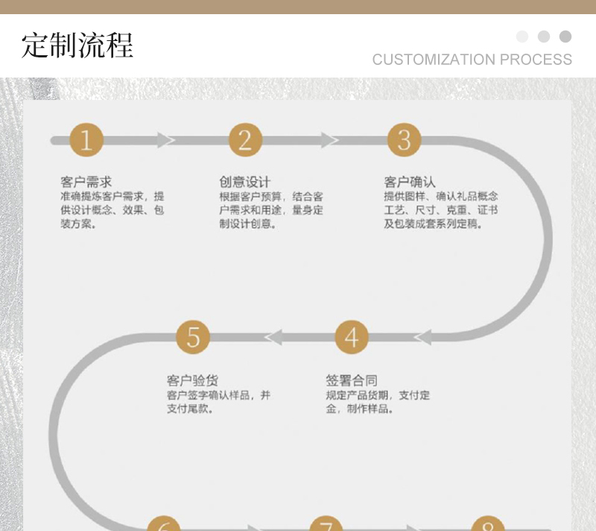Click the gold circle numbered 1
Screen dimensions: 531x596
click(86, 140)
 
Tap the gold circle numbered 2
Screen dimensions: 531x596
click(245, 140)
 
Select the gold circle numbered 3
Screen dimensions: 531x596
click(404, 140)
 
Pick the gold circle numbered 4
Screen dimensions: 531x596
click(351, 337)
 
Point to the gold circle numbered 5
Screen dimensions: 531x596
click(193, 337)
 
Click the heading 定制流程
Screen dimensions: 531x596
click(77, 45)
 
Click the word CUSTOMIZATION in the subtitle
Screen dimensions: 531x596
click(434, 60)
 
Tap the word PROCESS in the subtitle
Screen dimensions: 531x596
click(536, 60)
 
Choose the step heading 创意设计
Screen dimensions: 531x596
click(244, 182)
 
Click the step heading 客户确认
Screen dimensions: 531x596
click(410, 182)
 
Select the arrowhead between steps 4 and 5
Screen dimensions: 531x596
click(273, 337)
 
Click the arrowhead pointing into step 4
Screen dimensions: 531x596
click(422, 337)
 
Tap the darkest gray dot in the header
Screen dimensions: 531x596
click(565, 37)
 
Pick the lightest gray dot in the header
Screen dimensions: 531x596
click(522, 37)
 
